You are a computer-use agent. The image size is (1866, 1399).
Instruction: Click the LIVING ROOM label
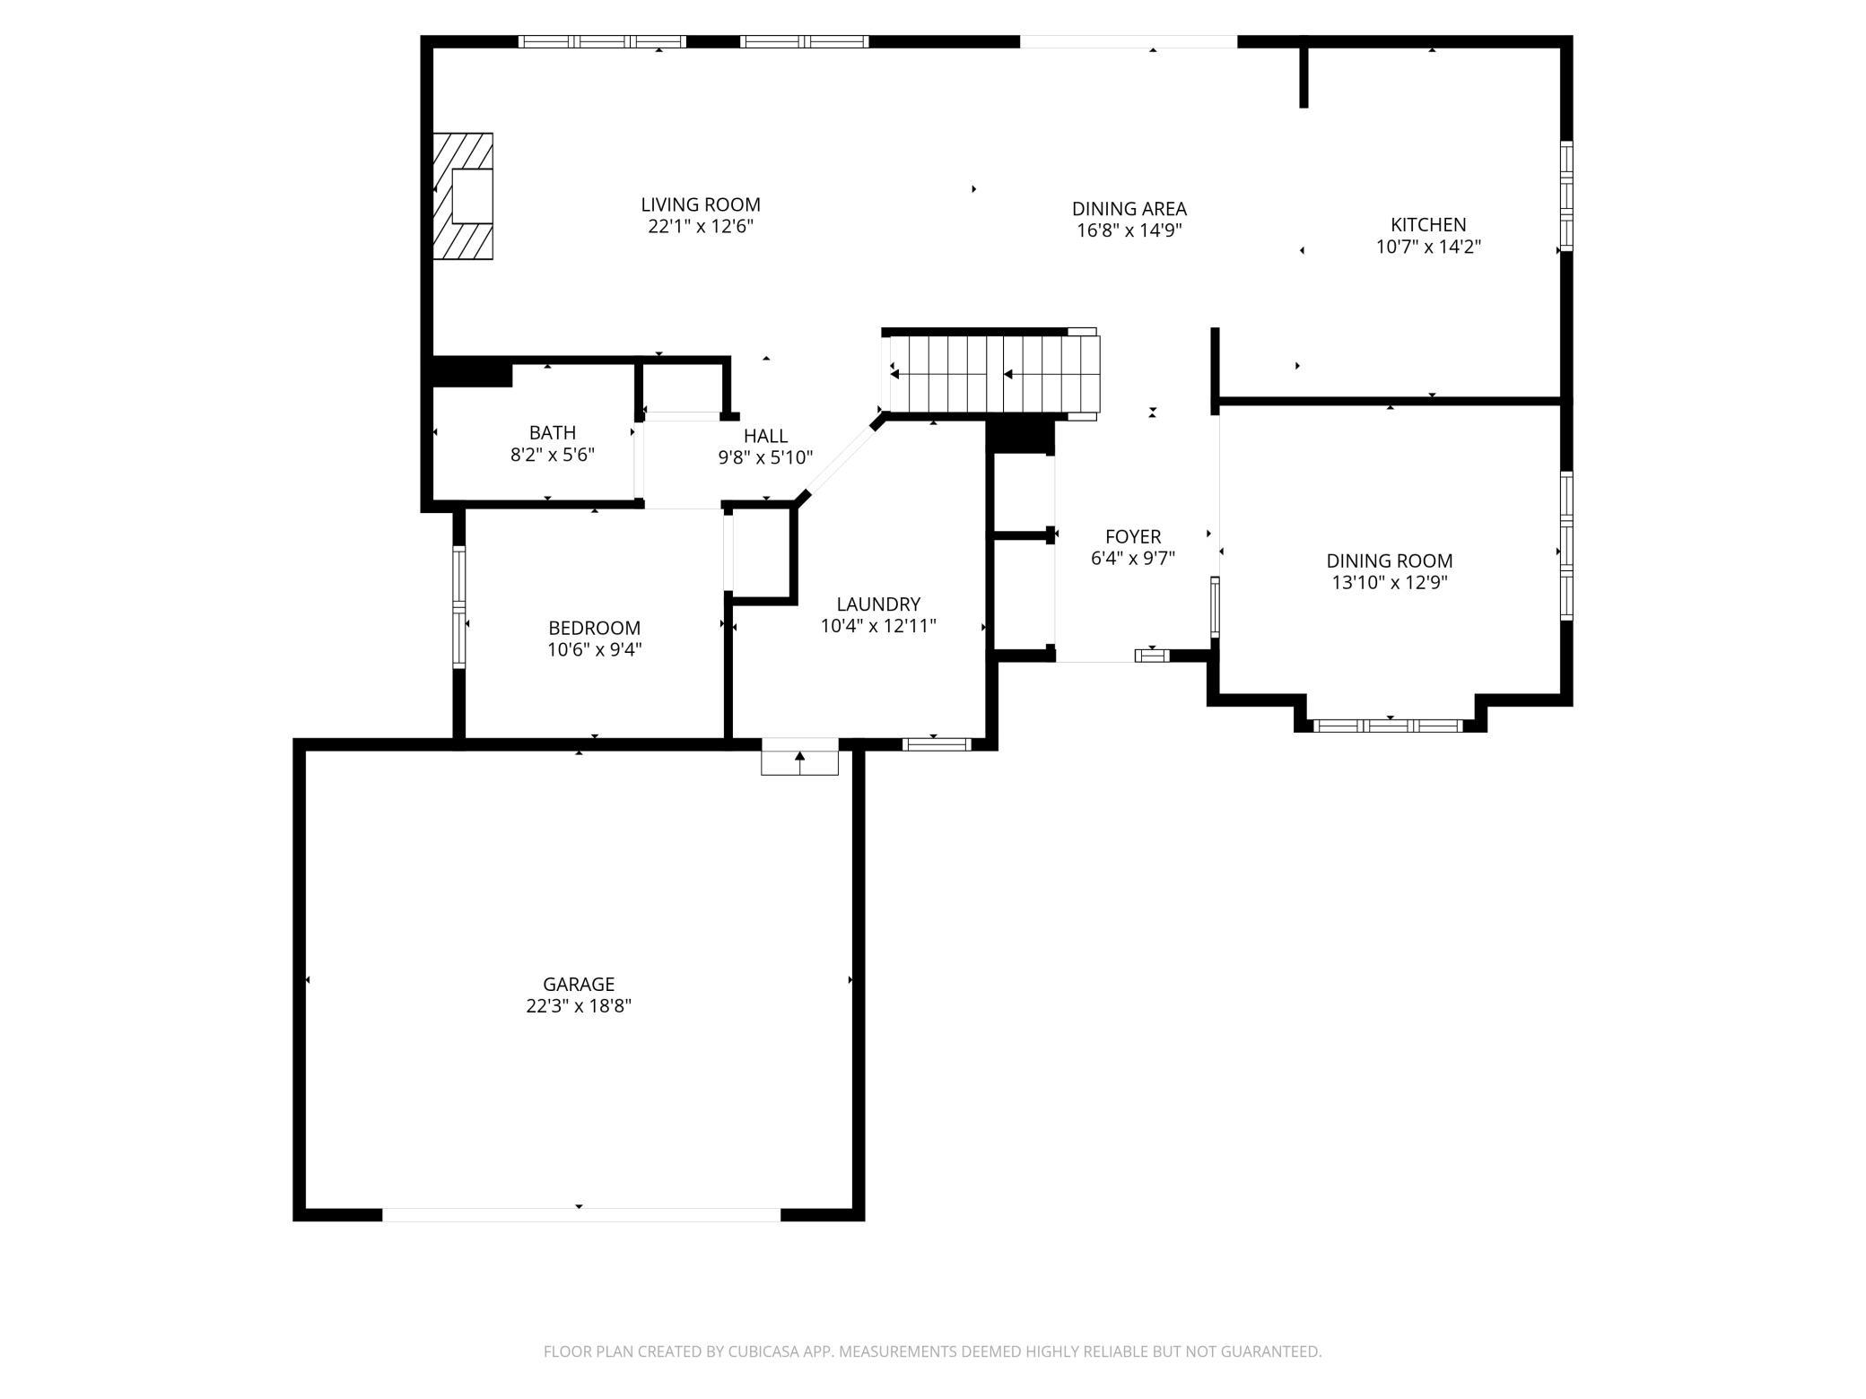click(x=701, y=204)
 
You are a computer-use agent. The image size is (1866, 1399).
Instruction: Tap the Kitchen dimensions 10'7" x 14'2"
click(x=1428, y=247)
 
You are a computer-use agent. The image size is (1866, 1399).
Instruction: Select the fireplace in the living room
click(x=463, y=196)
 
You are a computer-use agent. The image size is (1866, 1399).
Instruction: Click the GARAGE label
click(x=579, y=984)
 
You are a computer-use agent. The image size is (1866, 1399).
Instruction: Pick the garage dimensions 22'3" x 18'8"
click(x=579, y=1006)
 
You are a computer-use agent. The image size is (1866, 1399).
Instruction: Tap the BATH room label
click(x=553, y=432)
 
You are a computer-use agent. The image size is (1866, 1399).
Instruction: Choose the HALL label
click(x=765, y=436)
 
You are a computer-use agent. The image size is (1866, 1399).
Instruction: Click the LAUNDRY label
click(x=878, y=604)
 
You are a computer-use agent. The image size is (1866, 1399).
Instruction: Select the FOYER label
click(x=1133, y=536)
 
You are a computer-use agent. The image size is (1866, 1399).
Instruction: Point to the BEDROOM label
click(x=595, y=628)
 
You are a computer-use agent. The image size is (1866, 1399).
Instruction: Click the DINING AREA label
click(x=1129, y=209)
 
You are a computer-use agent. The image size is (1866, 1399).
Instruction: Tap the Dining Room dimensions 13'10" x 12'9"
click(x=1390, y=583)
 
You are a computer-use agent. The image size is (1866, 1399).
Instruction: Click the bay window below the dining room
click(x=1389, y=726)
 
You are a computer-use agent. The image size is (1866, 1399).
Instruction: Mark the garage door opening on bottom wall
click(x=581, y=1214)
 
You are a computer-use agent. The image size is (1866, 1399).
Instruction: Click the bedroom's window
click(x=459, y=607)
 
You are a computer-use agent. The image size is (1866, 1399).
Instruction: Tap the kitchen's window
click(x=1565, y=196)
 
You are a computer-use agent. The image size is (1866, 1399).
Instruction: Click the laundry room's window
click(x=937, y=743)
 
